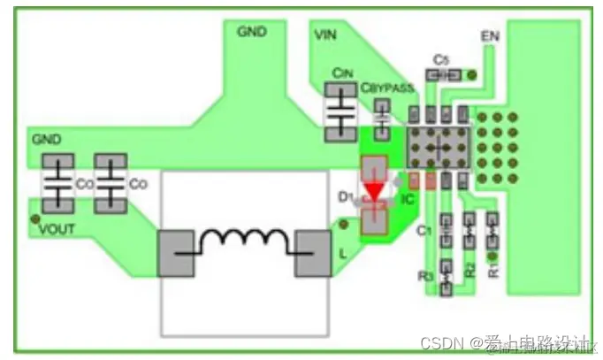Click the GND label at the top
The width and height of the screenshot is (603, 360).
coord(251,31)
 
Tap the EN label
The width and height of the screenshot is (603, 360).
coord(490,36)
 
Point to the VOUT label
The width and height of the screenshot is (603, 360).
coord(57,228)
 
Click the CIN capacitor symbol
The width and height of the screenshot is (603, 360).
coord(340,112)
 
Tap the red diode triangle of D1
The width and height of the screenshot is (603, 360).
coord(375,191)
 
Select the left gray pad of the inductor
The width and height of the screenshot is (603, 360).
coord(177,253)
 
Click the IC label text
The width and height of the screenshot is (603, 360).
coord(408,200)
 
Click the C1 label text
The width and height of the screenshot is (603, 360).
coord(423,231)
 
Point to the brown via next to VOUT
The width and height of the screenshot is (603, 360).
coord(34,218)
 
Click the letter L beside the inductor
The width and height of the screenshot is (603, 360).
coord(342,254)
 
